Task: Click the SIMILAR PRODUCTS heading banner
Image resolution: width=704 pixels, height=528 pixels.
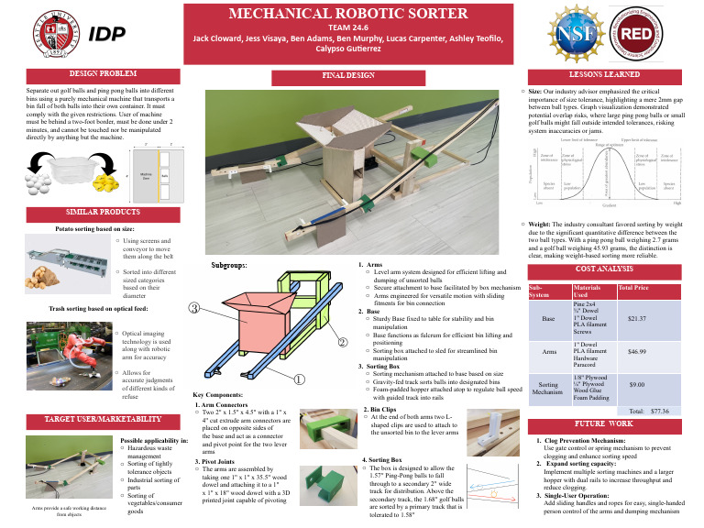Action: (x=89, y=212)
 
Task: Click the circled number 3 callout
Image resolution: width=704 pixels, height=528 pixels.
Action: (x=194, y=307)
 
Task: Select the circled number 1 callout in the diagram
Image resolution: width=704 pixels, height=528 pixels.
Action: (x=300, y=378)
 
